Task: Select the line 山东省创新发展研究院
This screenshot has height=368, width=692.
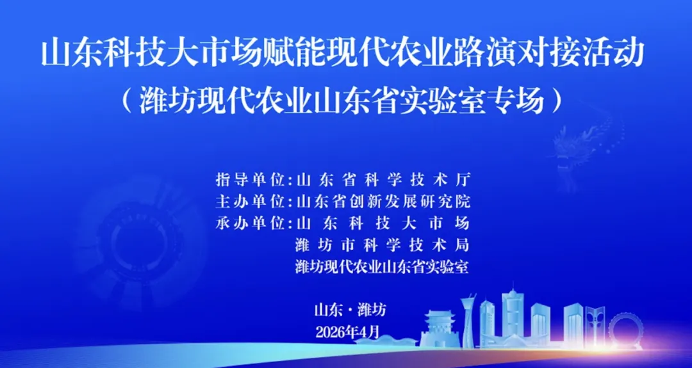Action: (383, 202)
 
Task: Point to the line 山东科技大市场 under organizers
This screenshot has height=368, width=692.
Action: (383, 223)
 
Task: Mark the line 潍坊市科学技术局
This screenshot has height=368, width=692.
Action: (383, 245)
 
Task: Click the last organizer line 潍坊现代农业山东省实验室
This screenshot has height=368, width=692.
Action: (383, 268)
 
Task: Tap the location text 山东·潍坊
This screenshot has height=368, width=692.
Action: (350, 310)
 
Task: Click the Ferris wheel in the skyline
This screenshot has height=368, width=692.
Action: (625, 330)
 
